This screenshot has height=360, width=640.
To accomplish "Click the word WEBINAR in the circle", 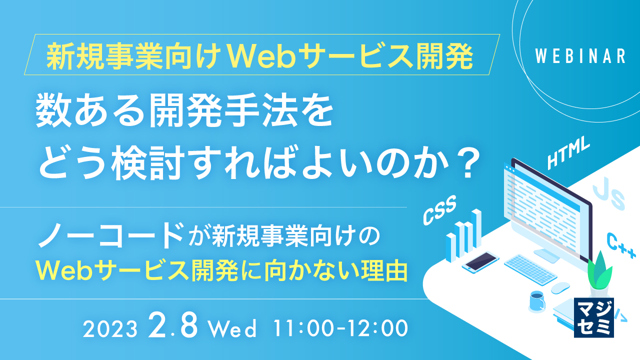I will coord(580,56).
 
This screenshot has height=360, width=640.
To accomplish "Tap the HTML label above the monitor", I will coord(569,154).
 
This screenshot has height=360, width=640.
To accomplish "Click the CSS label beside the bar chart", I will coord(440,210).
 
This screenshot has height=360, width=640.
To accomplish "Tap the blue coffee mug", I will coord(536,301).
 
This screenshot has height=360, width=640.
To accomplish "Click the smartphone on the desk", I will coord(480,261).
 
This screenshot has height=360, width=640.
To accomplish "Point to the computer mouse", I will coord(560,288).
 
